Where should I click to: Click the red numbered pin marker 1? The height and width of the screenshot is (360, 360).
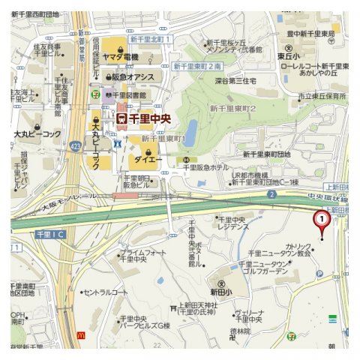point(321,220)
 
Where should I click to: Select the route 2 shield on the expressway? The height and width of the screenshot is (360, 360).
point(271,195)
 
